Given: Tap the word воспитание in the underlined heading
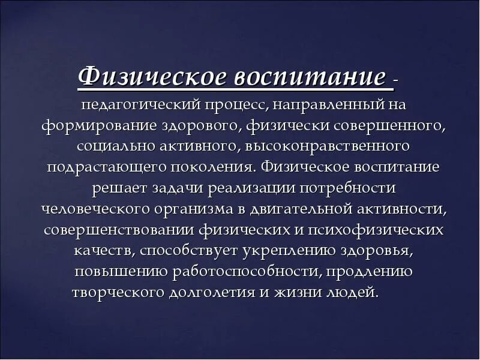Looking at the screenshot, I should (308, 78).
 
